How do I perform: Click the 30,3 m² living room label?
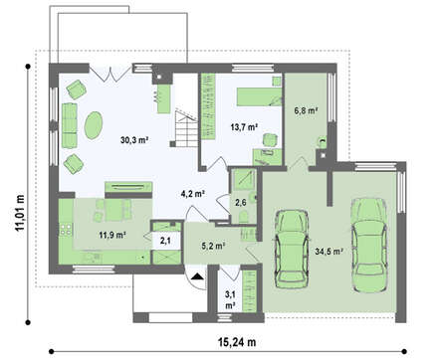tap(134, 140)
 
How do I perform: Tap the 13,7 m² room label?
tap(245, 127)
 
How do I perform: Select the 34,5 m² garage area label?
tap(328, 252)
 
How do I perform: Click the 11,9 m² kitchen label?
tap(112, 235)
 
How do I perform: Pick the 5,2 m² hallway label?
tap(214, 246)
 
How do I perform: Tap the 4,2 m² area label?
tap(192, 194)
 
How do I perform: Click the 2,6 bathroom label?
tap(241, 202)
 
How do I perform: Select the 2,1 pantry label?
tap(165, 241)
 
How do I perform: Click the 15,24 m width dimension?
tap(237, 342)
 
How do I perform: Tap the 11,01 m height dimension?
tap(20, 212)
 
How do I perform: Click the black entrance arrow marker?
tap(197, 276)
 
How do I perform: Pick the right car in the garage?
tap(368, 246)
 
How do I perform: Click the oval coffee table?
tap(94, 125)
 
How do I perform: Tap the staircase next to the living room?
tap(186, 129)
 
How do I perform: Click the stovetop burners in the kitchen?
tap(66, 230)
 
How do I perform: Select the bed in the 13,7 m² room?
tap(259, 96)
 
